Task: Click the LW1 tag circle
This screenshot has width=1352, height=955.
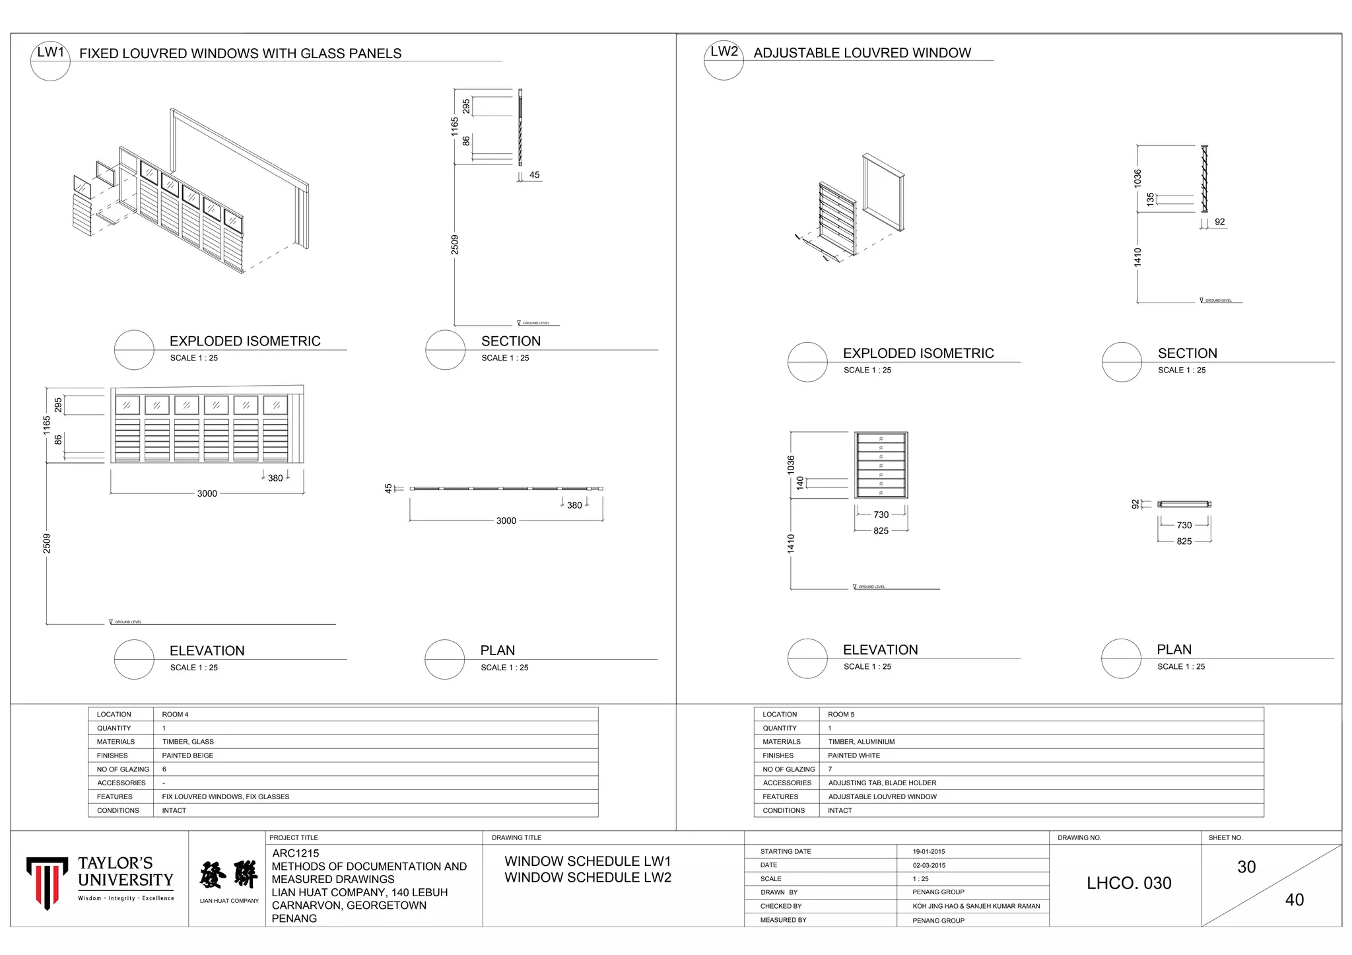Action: pyautogui.click(x=50, y=61)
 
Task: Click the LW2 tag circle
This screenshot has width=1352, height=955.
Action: pyautogui.click(x=724, y=60)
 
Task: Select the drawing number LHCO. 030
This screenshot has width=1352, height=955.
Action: pyautogui.click(x=1129, y=883)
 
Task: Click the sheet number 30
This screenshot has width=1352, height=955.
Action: pyautogui.click(x=1246, y=867)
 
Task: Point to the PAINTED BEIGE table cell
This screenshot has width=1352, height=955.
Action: pyautogui.click(x=187, y=756)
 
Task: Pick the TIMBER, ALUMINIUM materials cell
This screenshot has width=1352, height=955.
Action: pyautogui.click(x=862, y=742)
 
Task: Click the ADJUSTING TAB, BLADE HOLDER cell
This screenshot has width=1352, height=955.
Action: pyautogui.click(x=882, y=783)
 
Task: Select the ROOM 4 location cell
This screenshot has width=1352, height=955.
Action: pyautogui.click(x=175, y=715)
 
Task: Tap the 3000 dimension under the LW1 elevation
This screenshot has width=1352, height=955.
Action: pyautogui.click(x=207, y=494)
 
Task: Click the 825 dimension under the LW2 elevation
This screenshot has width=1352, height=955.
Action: pyautogui.click(x=881, y=531)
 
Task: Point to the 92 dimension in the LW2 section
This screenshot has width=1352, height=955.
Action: pyautogui.click(x=1219, y=222)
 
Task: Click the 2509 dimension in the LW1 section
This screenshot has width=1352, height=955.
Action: pyautogui.click(x=455, y=244)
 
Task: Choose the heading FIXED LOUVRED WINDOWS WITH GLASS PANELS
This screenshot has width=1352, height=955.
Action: pyautogui.click(x=240, y=53)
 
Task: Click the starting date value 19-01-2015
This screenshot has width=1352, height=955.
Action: pyautogui.click(x=929, y=852)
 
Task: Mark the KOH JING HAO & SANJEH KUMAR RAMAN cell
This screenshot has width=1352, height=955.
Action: pyautogui.click(x=976, y=906)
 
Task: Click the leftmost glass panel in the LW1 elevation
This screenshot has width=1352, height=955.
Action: pyautogui.click(x=127, y=405)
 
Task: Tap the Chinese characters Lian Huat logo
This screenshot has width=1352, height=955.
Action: pyautogui.click(x=228, y=875)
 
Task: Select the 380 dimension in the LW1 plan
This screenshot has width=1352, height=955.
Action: pyautogui.click(x=574, y=505)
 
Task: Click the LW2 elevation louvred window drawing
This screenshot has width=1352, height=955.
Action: pyautogui.click(x=881, y=465)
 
